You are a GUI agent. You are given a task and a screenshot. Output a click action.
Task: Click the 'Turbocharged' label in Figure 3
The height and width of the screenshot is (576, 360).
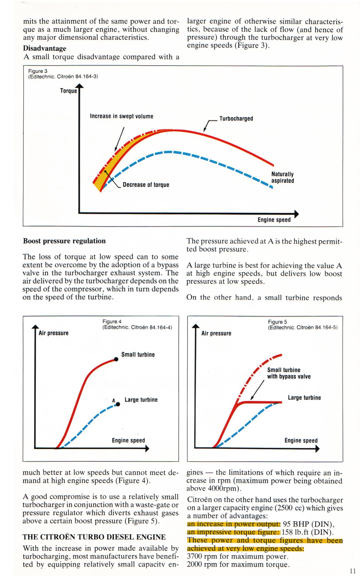pos(236,119)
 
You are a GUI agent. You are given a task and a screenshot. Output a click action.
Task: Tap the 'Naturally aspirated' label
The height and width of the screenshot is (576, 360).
pos(283,177)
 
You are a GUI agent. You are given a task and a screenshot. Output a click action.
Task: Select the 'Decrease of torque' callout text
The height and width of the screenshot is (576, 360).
pos(146,185)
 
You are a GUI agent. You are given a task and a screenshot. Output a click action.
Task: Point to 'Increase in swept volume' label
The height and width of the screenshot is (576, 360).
pos(121,116)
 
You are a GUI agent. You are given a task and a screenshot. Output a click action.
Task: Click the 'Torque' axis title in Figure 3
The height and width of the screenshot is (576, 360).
pos(69,91)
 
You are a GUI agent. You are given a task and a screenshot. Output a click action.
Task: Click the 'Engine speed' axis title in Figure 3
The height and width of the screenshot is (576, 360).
pos(274,220)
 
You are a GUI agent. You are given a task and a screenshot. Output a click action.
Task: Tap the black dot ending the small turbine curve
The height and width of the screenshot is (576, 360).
pos(116,359)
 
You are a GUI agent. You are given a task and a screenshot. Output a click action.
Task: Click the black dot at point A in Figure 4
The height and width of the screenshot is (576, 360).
pos(118,404)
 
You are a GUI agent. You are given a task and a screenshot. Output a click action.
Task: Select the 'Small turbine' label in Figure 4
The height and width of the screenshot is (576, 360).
pos(138,354)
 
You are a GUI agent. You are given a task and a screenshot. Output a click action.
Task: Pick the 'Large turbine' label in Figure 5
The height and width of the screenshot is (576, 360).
pos(304,397)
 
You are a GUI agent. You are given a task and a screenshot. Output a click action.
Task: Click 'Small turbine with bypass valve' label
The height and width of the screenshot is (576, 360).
pos(288,373)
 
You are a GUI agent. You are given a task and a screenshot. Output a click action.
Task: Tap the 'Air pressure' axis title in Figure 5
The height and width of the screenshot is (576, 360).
pos(216,333)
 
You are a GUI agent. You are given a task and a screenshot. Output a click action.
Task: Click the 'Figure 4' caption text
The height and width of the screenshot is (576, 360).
pos(112,321)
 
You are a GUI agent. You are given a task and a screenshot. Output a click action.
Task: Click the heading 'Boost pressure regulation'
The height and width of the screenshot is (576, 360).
pos(64,241)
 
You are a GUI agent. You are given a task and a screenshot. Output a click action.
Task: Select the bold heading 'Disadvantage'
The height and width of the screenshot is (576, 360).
pos(45,48)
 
